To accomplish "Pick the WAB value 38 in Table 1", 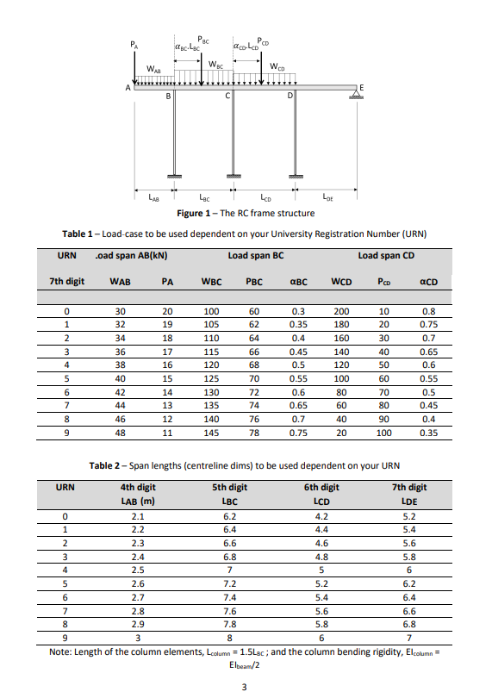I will click(x=121, y=365).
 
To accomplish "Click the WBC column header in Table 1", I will click(x=210, y=281).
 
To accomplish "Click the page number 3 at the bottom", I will click(x=245, y=686).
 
